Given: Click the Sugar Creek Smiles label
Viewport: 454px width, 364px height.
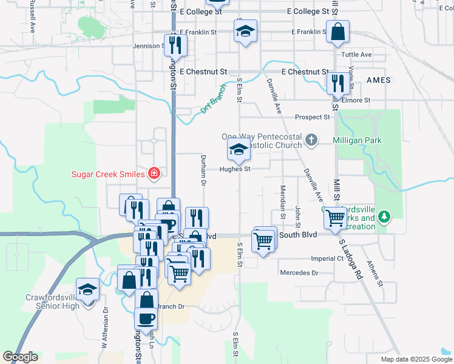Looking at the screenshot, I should coord(109,174).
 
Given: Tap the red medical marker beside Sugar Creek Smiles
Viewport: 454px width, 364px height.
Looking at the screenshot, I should coord(154,174).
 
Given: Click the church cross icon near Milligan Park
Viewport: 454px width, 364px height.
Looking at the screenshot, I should coord(311,140).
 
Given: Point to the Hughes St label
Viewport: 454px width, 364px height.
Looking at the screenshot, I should coord(235,169).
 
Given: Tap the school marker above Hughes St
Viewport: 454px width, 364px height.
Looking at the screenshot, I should coord(239,150).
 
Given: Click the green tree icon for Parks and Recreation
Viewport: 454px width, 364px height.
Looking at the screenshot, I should coord(384,216).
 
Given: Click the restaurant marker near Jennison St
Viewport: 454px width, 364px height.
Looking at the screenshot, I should coord(175,45).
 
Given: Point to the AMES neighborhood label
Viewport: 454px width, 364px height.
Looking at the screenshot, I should coord(378,80).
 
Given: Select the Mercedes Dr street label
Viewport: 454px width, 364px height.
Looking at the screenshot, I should coord(299,273).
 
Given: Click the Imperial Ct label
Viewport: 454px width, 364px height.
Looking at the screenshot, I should coord(327,258).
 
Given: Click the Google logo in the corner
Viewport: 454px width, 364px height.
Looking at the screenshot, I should coord(20,357).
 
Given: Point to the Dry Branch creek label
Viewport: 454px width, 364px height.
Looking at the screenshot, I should coord(213,104).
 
